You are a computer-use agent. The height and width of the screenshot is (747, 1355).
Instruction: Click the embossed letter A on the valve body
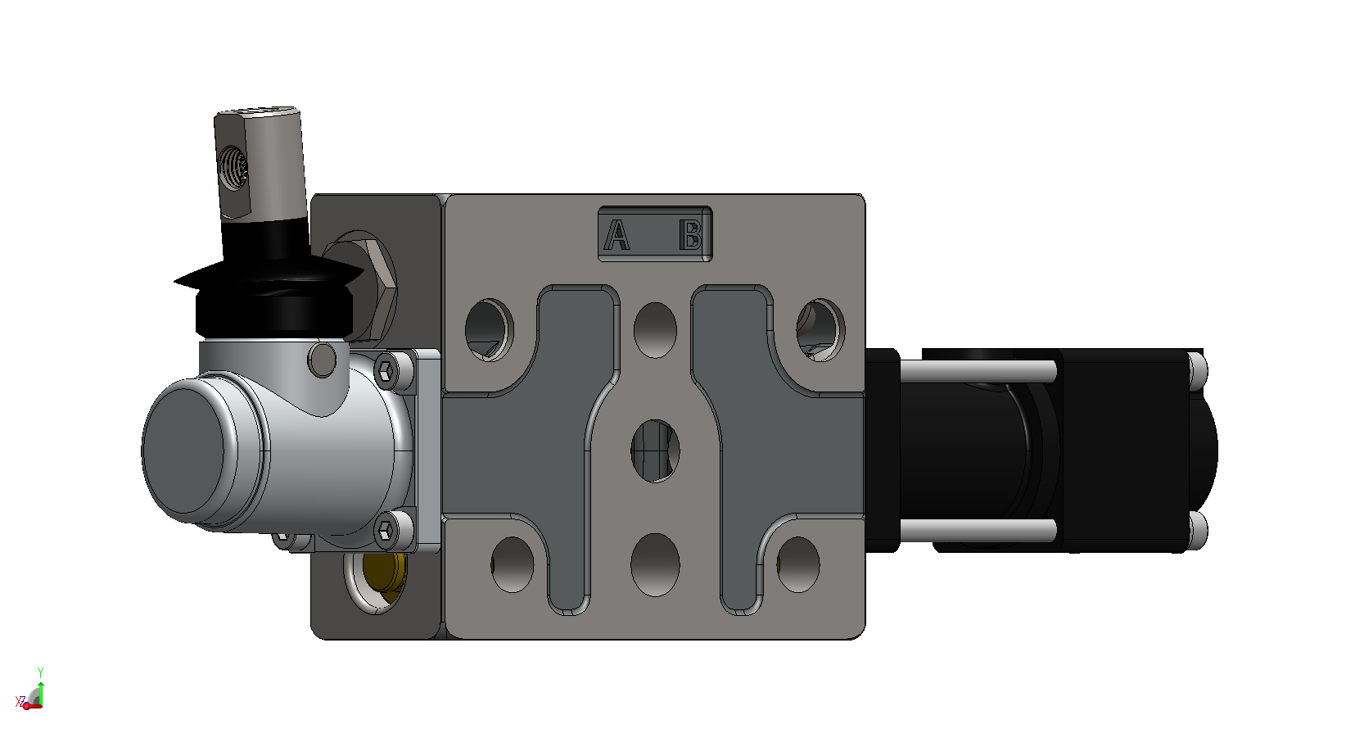[617, 235]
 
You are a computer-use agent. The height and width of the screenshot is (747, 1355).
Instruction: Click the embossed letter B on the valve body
[690, 235]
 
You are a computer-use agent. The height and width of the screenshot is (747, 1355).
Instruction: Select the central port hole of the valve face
[655, 451]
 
